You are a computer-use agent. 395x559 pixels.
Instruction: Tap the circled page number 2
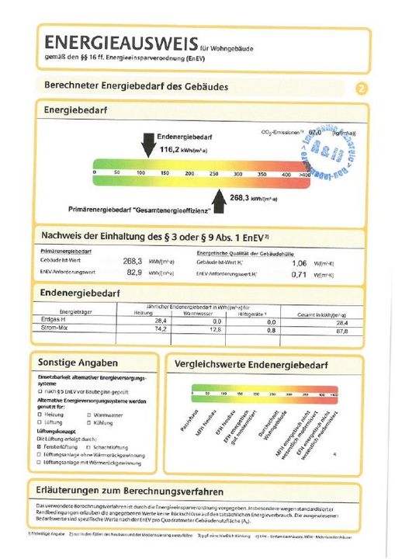(360, 88)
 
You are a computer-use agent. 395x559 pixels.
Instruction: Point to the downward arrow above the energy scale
(147, 144)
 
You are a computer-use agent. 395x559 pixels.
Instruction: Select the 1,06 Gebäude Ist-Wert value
(299, 262)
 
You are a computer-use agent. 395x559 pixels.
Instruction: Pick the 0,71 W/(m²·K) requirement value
(299, 273)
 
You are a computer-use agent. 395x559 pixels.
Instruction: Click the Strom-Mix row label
(54, 329)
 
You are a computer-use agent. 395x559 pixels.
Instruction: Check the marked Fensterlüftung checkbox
(40, 446)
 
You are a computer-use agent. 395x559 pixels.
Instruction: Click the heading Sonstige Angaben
(78, 363)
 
